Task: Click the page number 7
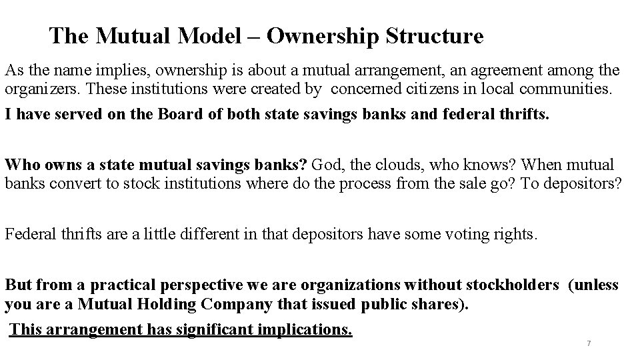(x=589, y=343)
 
